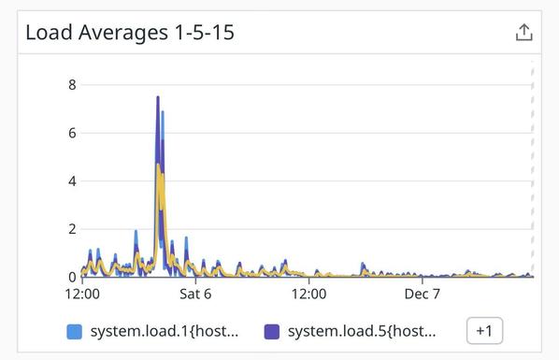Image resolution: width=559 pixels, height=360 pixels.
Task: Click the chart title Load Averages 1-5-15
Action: point(130,33)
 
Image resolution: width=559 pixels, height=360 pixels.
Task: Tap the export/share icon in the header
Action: point(523,33)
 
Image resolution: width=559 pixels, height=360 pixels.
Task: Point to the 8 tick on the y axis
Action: point(71,85)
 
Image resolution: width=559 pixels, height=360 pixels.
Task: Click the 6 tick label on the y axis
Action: point(71,133)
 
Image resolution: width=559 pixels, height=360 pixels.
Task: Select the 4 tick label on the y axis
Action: point(71,180)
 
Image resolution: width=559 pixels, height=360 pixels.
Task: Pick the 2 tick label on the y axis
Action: point(71,229)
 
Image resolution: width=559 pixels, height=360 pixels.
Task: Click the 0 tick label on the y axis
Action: point(71,277)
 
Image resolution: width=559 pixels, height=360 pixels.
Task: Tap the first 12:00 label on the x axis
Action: point(82,294)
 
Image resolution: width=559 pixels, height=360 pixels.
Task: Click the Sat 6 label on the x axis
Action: point(195,294)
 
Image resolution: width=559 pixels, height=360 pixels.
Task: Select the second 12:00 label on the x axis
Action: point(308,294)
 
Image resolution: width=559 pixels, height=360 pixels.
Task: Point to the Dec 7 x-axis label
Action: point(422,294)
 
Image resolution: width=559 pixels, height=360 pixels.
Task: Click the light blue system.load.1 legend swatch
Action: point(75,331)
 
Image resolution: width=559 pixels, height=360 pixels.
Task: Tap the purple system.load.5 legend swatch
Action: point(272,331)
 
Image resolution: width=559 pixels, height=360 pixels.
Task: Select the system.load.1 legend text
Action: point(164,331)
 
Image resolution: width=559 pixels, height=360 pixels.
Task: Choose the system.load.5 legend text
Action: point(361,331)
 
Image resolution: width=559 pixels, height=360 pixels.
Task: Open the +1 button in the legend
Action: point(484,331)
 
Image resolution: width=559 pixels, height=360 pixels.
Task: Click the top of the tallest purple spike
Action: point(157,98)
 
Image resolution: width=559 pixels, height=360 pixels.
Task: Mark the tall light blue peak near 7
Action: point(163,112)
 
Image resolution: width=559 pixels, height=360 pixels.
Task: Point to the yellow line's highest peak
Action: point(158,166)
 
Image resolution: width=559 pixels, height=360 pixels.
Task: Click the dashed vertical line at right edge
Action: point(532,168)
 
